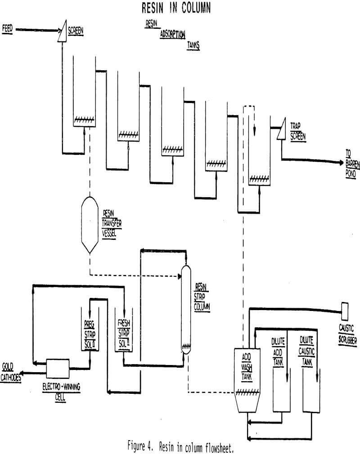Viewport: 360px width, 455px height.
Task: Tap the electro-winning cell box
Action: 58,368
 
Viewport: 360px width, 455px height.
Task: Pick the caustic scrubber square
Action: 345,310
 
